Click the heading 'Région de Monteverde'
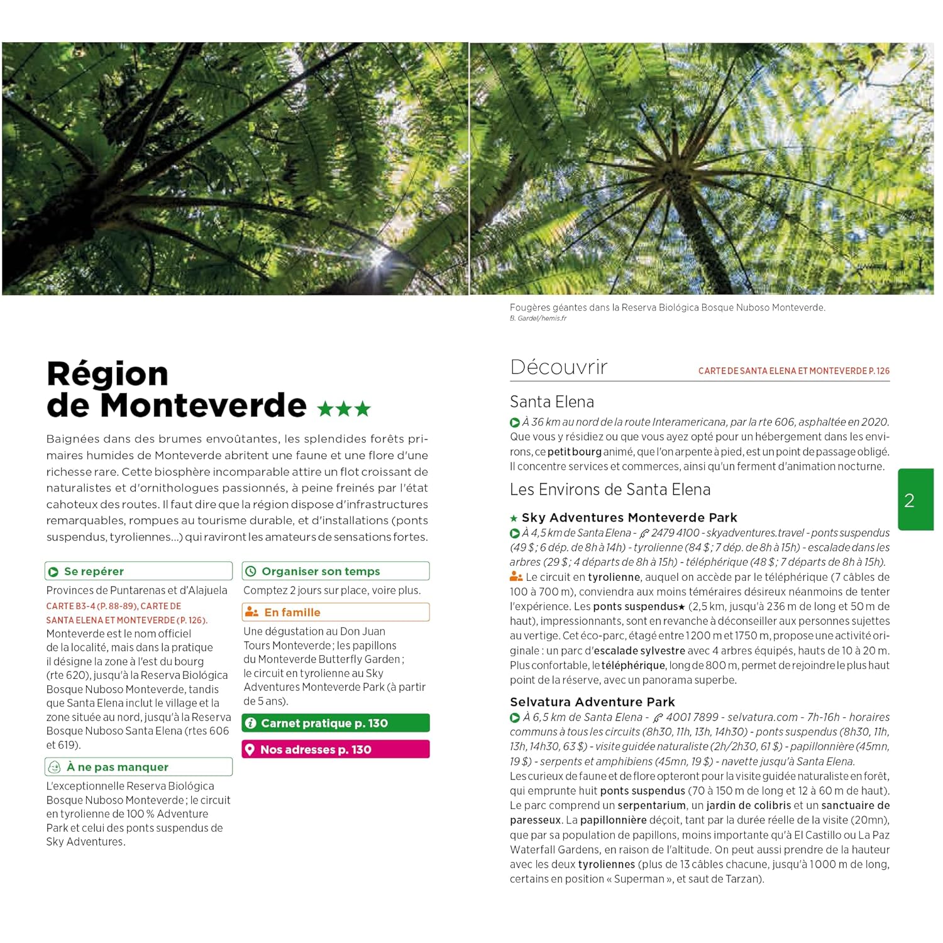176,390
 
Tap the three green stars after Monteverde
344,409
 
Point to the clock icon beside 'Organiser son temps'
251,571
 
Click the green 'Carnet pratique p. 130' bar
336,723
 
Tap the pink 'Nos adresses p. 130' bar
336,749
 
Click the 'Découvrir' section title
559,367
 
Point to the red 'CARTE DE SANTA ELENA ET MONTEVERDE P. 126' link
793,371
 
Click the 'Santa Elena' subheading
552,402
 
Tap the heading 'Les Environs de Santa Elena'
610,490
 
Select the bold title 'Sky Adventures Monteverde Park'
629,517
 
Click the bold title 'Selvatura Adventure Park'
592,702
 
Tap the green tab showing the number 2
914,500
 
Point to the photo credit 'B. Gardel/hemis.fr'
538,318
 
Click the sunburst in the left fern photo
379,256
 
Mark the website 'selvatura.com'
763,717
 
